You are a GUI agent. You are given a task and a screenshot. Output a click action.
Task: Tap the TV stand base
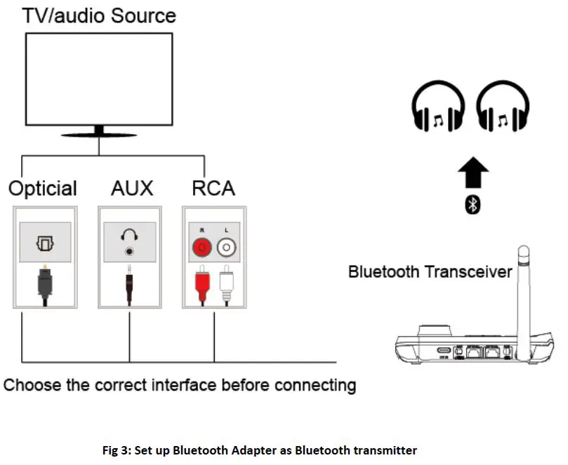pyautogui.click(x=99, y=132)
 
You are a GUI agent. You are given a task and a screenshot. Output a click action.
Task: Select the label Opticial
pyautogui.click(x=43, y=189)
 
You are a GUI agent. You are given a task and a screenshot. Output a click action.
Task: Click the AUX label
pyautogui.click(x=131, y=189)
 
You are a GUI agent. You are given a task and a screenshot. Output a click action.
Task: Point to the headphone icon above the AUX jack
pyautogui.click(x=128, y=238)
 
